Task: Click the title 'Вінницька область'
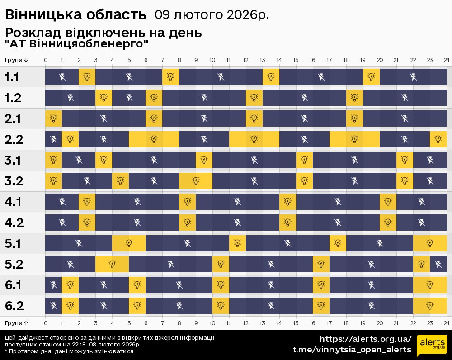click(x=75, y=15)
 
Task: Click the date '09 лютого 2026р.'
click(x=212, y=15)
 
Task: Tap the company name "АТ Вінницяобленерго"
click(x=76, y=44)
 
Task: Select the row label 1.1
click(x=12, y=77)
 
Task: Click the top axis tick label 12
click(x=245, y=60)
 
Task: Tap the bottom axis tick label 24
click(x=446, y=323)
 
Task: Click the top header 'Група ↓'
click(x=16, y=60)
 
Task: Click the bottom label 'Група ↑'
click(x=16, y=323)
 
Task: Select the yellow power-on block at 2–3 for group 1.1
click(x=87, y=77)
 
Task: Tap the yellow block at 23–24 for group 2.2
click(x=438, y=139)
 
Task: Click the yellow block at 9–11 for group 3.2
click(x=196, y=181)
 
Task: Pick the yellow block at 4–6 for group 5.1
click(x=129, y=243)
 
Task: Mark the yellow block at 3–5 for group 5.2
click(x=112, y=264)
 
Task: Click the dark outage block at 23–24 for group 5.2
click(x=438, y=264)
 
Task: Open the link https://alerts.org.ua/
click(x=365, y=339)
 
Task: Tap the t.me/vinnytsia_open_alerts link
click(x=352, y=350)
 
